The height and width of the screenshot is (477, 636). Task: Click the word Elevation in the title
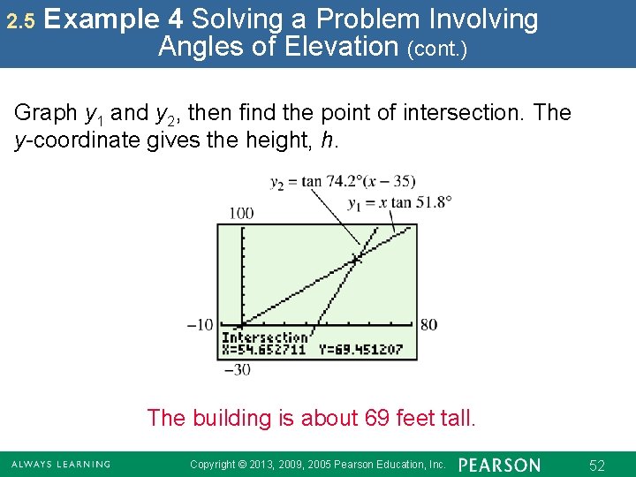[340, 46]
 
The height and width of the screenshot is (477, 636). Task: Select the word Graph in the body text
[46, 113]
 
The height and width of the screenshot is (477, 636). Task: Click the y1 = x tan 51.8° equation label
[399, 203]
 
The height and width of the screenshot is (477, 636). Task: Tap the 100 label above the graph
[240, 213]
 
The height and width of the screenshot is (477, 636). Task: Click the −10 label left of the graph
[201, 324]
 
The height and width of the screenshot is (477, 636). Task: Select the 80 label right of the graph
[428, 324]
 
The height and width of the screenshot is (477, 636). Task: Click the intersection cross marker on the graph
[356, 259]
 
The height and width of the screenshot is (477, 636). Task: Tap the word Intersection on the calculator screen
[265, 337]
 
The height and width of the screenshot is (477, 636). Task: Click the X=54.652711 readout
[263, 349]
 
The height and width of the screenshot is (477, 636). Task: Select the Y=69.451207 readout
[360, 349]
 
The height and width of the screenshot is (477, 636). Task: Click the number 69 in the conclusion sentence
[377, 417]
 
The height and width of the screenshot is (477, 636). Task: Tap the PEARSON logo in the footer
[500, 465]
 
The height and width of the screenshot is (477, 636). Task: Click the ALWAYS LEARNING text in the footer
[61, 465]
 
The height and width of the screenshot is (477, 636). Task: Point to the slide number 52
[596, 465]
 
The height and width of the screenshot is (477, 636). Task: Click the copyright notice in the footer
[318, 465]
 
